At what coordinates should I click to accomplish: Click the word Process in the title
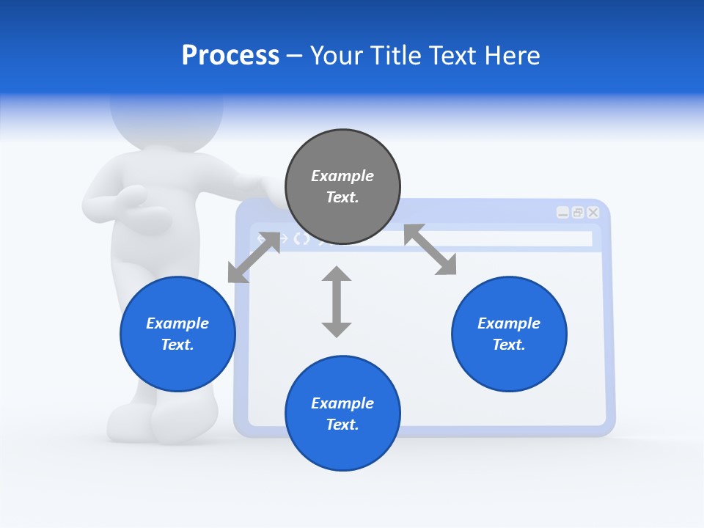tap(230, 56)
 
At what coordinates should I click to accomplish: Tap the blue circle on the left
tap(177, 334)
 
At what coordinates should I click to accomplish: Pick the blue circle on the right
tap(509, 334)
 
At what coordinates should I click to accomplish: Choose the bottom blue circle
tap(342, 413)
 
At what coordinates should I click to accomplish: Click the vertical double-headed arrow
tap(337, 301)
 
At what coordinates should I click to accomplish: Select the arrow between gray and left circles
tap(254, 257)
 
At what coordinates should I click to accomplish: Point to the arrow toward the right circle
tap(430, 250)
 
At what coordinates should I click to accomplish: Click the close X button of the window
tap(593, 213)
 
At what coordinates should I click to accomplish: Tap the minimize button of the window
tap(562, 213)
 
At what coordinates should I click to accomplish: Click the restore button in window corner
tap(578, 213)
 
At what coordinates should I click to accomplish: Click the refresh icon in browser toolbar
tap(301, 238)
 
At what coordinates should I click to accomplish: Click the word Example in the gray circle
tap(342, 176)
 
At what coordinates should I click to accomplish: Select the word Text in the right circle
tap(507, 345)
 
